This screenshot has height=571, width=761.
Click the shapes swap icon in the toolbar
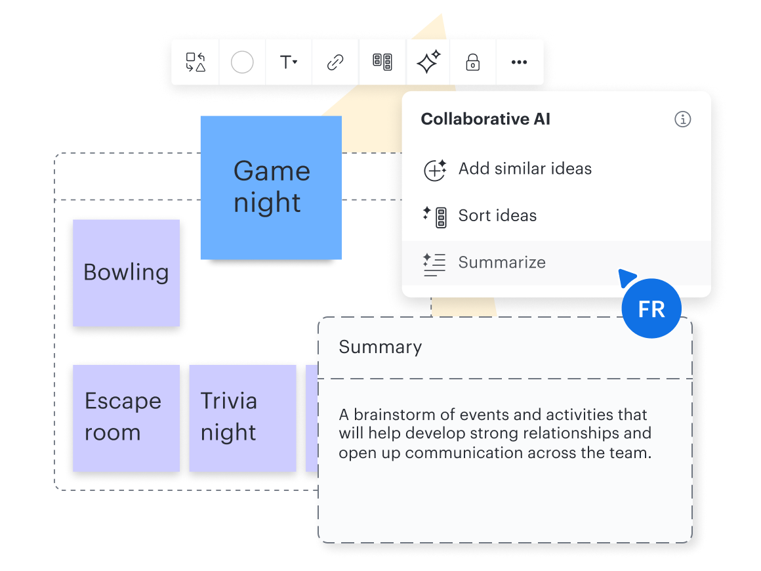pyautogui.click(x=195, y=62)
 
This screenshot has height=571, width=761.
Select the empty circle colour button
pyautogui.click(x=242, y=62)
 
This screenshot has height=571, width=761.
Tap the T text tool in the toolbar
pyautogui.click(x=288, y=62)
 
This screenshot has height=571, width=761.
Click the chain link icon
pyautogui.click(x=335, y=62)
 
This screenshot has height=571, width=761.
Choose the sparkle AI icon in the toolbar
pyautogui.click(x=428, y=62)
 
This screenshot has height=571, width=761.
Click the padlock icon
pyautogui.click(x=472, y=62)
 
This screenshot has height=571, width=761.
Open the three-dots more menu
pyautogui.click(x=519, y=62)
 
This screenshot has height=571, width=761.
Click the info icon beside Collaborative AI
pyautogui.click(x=682, y=119)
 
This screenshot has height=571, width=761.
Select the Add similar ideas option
pyautogui.click(x=525, y=169)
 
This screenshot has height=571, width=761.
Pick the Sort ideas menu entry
pyautogui.click(x=497, y=216)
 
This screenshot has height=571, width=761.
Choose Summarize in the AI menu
pyautogui.click(x=502, y=263)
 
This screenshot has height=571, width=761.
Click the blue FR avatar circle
pyautogui.click(x=651, y=309)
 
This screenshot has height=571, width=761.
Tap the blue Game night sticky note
pyautogui.click(x=271, y=187)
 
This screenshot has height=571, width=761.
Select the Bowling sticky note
pyautogui.click(x=126, y=272)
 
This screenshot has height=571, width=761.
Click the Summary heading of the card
pyautogui.click(x=380, y=347)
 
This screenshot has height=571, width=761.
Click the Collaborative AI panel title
pyautogui.click(x=485, y=119)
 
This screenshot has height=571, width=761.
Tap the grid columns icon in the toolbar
pyautogui.click(x=382, y=62)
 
